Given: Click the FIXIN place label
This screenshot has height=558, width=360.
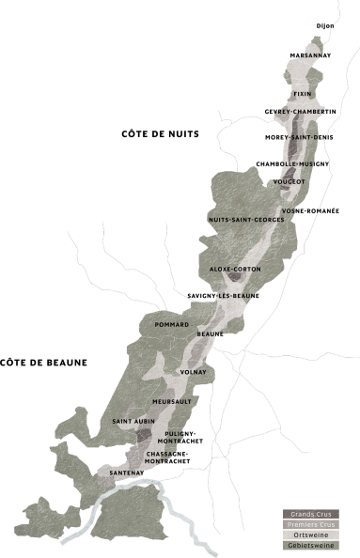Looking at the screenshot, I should [302, 94].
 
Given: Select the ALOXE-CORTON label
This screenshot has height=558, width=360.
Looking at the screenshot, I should [235, 270].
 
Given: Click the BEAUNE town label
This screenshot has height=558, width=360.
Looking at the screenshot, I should [209, 334].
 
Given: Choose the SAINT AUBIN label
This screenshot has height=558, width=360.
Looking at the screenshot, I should [133, 422].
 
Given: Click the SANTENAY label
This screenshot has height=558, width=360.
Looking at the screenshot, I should [127, 472].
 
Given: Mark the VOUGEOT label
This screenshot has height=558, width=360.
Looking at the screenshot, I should [290, 180].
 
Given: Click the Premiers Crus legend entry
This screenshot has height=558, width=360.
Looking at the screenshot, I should [309, 524].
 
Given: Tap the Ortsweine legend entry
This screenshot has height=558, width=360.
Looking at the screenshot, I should [309, 535].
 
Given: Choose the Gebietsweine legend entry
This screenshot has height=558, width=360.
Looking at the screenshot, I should [309, 545].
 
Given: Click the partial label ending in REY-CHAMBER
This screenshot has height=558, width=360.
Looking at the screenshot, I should [300, 112].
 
